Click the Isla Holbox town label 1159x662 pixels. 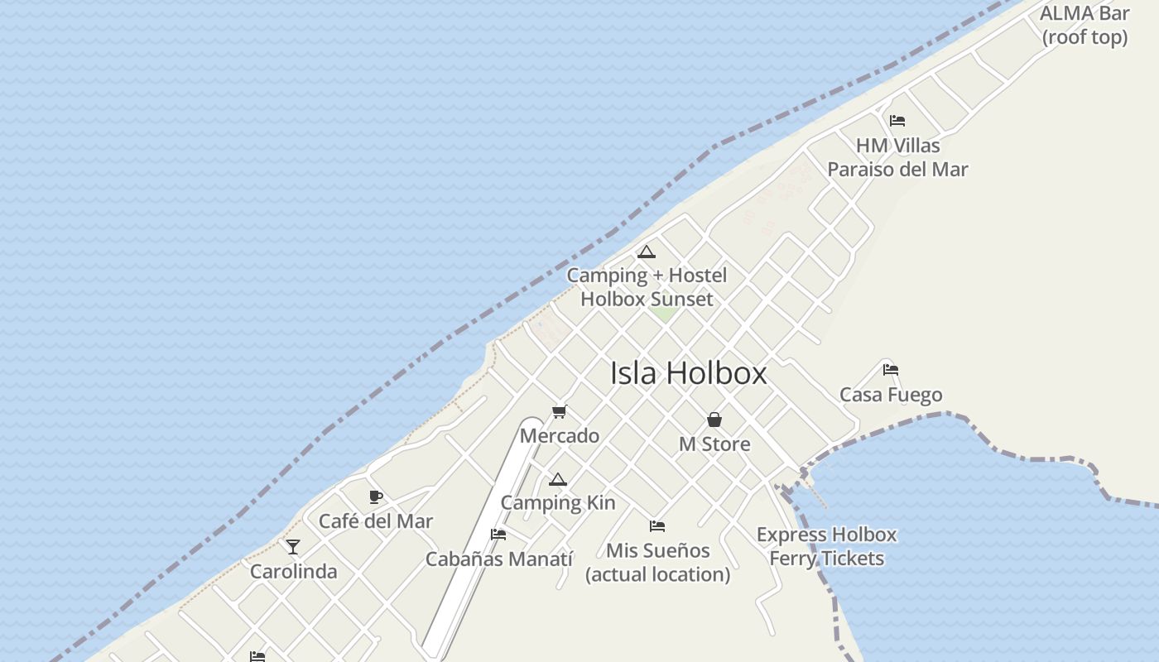(x=688, y=373)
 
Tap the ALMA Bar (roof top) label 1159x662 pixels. (x=1084, y=25)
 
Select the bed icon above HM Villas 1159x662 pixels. (x=897, y=121)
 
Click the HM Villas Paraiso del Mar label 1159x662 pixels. (x=897, y=157)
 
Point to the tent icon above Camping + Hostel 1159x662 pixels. (x=647, y=252)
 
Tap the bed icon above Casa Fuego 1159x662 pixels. (x=891, y=370)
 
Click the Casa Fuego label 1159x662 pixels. (x=891, y=395)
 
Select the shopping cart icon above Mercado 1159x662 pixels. (x=560, y=411)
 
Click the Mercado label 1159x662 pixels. (x=560, y=435)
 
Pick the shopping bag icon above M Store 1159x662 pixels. (x=714, y=420)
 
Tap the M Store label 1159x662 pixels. (x=714, y=444)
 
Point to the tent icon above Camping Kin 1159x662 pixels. (x=558, y=480)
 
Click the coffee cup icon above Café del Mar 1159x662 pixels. (x=376, y=496)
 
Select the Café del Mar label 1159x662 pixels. (x=376, y=521)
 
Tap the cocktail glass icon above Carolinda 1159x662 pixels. (x=293, y=547)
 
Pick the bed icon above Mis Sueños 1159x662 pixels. (x=657, y=525)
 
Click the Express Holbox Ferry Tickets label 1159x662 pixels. (x=826, y=546)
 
